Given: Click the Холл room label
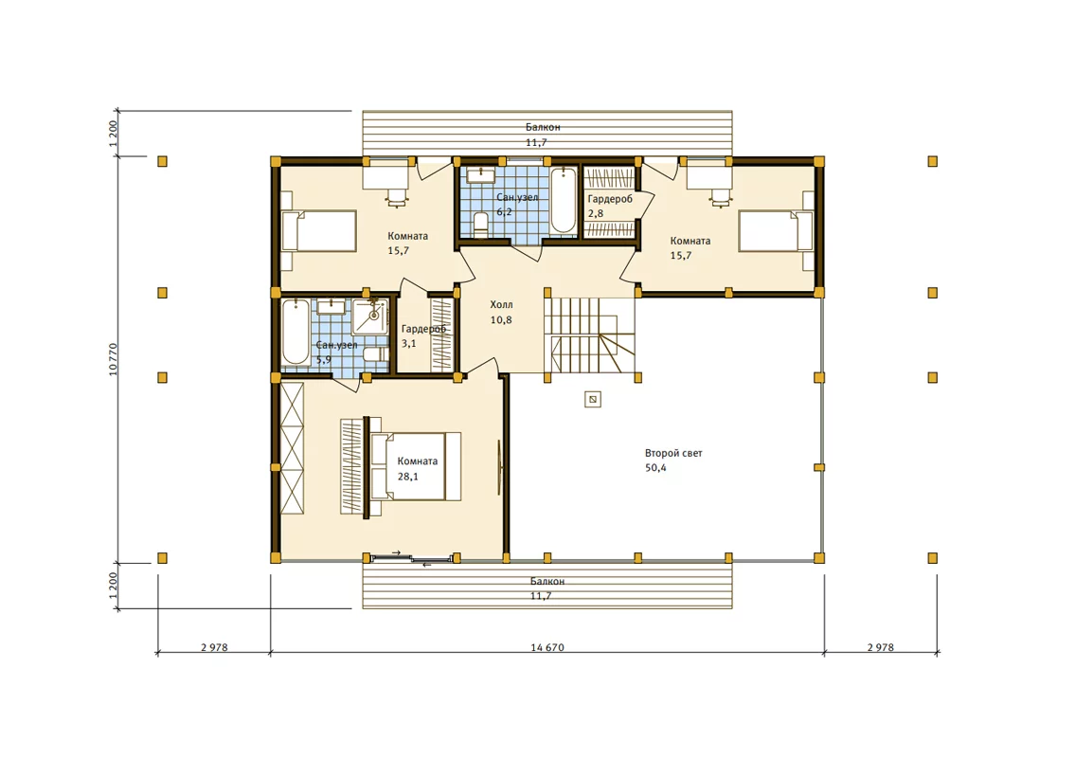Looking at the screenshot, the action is (501, 304).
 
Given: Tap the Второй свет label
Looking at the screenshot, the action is (673, 453).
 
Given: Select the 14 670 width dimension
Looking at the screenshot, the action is (547, 647).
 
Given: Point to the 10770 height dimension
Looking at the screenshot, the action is (113, 358).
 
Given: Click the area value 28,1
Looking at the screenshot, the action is (408, 477).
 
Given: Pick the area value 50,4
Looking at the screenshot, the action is (655, 468).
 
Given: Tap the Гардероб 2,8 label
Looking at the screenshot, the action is (610, 206).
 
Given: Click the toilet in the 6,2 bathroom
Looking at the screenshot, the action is (480, 225).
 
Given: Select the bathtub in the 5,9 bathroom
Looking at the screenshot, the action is (296, 332).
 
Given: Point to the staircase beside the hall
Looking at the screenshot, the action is (590, 334).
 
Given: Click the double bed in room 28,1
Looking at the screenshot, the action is (416, 466).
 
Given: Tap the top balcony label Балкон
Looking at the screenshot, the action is (543, 127).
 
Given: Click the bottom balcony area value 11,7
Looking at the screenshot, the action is (540, 597).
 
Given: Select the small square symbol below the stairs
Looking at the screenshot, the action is (593, 399).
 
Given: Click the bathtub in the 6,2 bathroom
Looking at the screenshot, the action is (564, 200).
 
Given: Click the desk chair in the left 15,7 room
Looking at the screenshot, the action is (397, 197).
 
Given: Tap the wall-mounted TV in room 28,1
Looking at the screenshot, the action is (499, 467).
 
